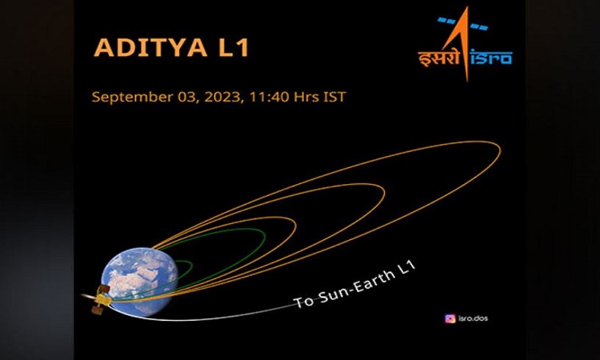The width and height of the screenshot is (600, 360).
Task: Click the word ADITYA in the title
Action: pos(150,47)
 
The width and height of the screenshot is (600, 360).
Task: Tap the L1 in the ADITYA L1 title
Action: pos(234,47)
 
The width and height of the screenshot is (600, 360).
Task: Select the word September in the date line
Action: pos(132,97)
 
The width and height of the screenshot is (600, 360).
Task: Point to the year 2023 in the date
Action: pos(223,97)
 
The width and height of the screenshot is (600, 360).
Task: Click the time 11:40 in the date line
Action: pos(269,97)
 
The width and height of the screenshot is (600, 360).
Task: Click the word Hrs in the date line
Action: pos(306,97)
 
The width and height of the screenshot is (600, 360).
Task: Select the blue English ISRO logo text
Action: pos(491,58)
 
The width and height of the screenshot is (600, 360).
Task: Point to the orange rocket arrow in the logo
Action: pos(464,42)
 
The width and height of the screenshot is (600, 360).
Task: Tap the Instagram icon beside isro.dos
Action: pos(450,318)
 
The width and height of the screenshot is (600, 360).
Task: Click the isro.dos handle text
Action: pos(473,318)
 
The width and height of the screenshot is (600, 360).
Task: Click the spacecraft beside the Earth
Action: pos(98,298)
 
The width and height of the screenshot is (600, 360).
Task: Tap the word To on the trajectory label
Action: pos(304,302)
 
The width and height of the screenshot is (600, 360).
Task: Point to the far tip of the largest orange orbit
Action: pos(500,150)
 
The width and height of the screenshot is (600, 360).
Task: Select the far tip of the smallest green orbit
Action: pos(192,264)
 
